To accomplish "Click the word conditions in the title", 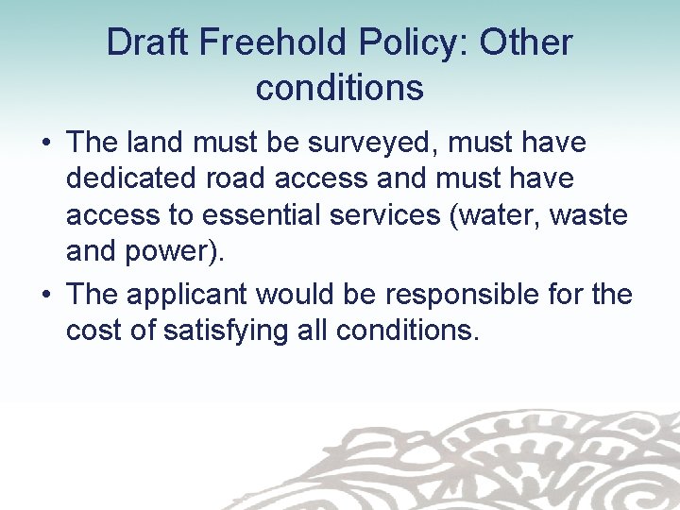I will click(339, 88).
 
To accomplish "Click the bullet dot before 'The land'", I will click(45, 144).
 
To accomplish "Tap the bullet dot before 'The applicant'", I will click(45, 295).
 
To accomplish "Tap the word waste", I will click(590, 215).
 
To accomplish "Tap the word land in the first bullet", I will click(157, 144).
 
